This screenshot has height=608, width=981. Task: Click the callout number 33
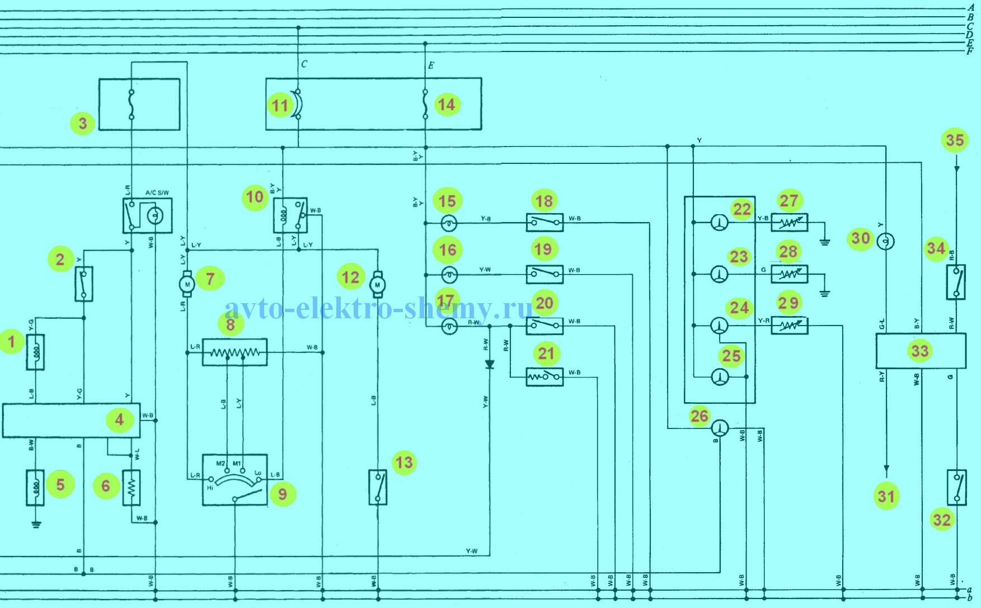[x=920, y=351]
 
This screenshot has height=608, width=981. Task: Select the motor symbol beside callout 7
[x=187, y=283]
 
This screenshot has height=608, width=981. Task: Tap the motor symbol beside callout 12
[x=377, y=285]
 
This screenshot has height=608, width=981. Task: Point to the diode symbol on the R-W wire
[x=490, y=365]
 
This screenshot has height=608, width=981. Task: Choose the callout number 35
[x=955, y=140]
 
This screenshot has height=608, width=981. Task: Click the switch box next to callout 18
[x=545, y=223]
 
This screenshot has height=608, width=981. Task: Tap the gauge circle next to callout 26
[x=719, y=429]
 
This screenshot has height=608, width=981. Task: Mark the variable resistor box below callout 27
[x=789, y=223]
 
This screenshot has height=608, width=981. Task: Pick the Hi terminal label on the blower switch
[x=210, y=488]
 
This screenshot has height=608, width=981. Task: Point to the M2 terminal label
[x=220, y=464]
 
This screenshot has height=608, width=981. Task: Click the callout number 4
[x=120, y=420]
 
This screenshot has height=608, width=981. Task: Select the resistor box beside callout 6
[x=132, y=487]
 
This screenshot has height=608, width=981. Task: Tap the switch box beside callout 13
[x=378, y=487]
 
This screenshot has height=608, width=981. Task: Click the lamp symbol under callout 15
[x=449, y=224]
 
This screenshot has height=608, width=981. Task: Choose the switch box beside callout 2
[x=83, y=284]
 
